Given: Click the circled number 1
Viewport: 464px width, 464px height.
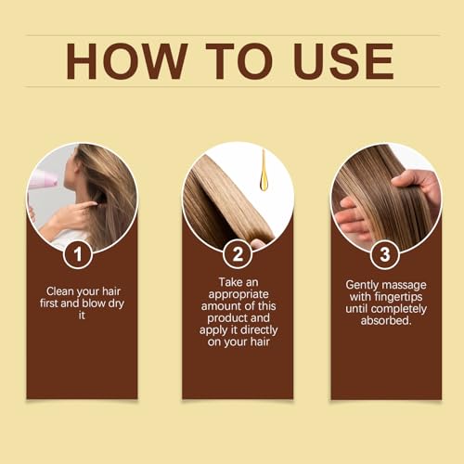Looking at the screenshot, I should pos(82,252).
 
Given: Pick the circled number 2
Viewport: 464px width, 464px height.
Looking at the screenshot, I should pos(238,252).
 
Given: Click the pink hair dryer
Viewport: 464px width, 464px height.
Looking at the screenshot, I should pos(42,179).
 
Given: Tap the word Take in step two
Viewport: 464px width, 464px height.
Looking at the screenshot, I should pos(229,280).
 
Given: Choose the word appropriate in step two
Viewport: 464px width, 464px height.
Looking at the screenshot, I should pos(238,293).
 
